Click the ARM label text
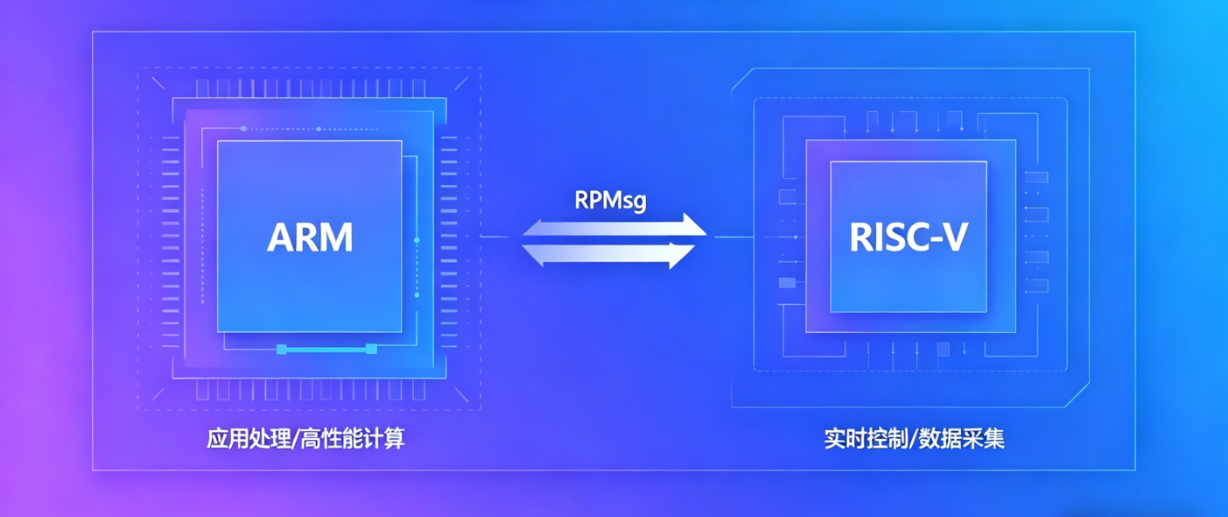coord(310,237)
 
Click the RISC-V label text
coord(909,237)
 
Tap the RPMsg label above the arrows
coord(610,201)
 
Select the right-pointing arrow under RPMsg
coord(614,225)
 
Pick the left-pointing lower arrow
coord(608,255)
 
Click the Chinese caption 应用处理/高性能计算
coord(305,439)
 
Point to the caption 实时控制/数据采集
coord(914,439)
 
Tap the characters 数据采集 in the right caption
coord(961,439)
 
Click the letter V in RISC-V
coord(954,237)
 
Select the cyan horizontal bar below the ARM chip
coord(326,349)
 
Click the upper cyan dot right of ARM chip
coord(417,240)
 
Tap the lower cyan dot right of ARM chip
coord(417,295)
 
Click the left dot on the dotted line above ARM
coord(244,129)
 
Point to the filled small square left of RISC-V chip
coord(787,283)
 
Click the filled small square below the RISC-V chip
coord(943,349)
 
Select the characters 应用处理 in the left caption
coord(249,439)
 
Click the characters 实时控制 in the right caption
coord(867,439)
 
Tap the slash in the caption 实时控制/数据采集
coord(913,439)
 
